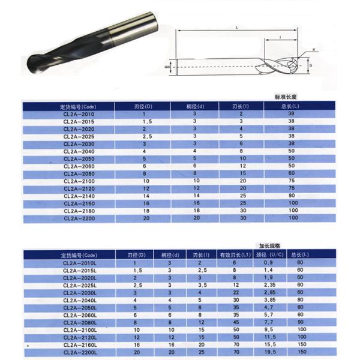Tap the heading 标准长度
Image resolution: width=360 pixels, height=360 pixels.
286,97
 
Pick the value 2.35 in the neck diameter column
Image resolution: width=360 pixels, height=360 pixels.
268,285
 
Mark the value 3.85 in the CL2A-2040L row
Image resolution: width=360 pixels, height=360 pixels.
268,300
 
